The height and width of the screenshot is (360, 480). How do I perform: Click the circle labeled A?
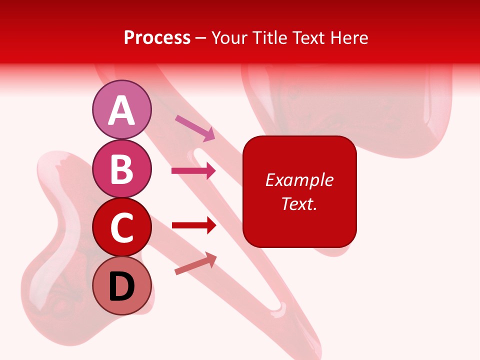point(122,109)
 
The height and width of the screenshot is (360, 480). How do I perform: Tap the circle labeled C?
point(122,227)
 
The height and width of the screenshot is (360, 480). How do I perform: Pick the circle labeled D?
point(122,286)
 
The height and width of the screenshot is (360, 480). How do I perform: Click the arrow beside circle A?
point(195,127)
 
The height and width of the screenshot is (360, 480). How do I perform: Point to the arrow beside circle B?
point(193,171)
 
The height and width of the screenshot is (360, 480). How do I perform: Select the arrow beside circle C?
point(193,226)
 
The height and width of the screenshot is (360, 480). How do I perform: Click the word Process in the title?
point(157,38)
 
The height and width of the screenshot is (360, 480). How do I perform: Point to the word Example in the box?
point(299,180)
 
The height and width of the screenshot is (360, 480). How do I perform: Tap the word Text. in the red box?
point(299,203)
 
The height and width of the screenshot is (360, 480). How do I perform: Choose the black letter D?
point(122,287)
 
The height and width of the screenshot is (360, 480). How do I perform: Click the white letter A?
point(122,110)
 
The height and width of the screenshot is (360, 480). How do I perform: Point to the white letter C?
point(122,228)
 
